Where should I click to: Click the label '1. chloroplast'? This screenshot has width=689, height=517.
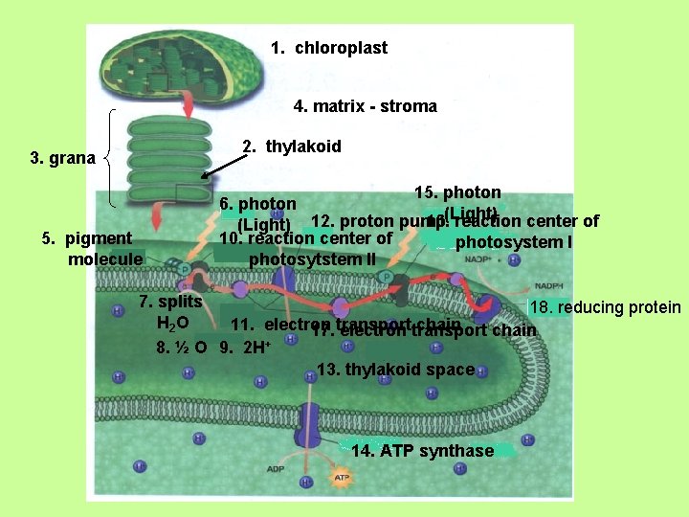click(328, 48)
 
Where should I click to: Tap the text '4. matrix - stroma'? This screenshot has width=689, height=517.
click(365, 106)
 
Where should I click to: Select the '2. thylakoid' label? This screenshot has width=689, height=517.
click(291, 146)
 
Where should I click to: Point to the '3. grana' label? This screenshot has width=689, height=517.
click(62, 158)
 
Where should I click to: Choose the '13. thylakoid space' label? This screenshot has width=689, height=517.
click(395, 370)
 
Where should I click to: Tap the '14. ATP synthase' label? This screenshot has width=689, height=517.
click(422, 451)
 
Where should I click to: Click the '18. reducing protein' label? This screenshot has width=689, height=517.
click(605, 307)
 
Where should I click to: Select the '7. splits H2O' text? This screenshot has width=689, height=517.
click(170, 311)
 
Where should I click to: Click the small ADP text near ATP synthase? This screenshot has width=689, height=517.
click(277, 469)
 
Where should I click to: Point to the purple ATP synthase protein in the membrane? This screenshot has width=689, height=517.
click(308, 426)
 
